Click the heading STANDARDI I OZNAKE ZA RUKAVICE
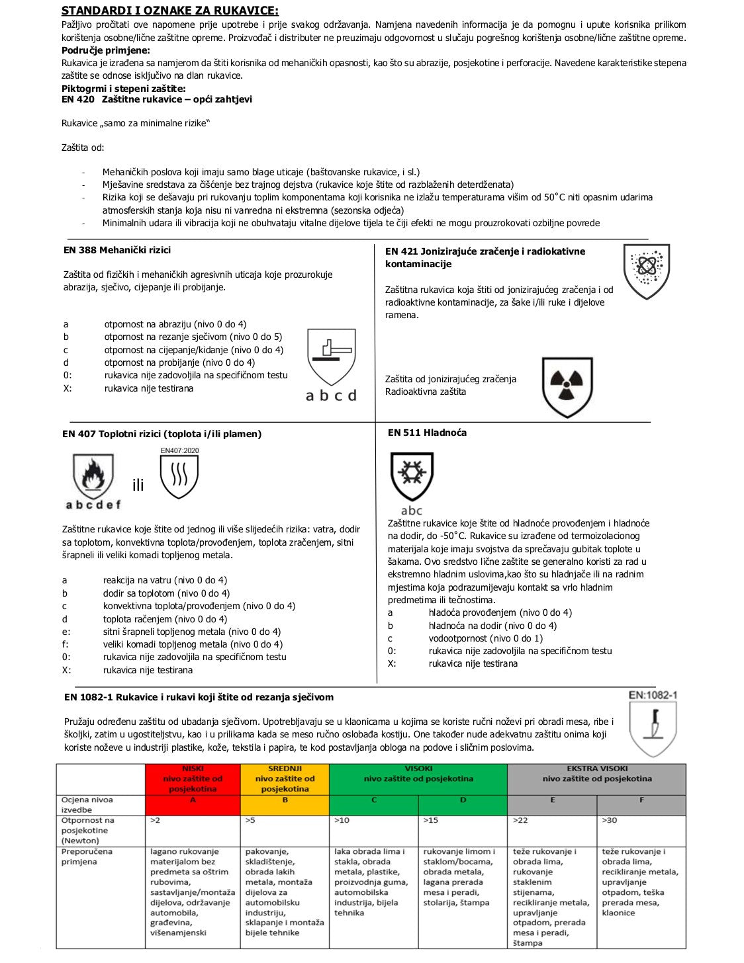170,11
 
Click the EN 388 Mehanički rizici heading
117,250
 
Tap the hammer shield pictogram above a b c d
332,357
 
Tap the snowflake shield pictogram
412,477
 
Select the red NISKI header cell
193,778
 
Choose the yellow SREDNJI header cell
285,778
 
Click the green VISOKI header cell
418,778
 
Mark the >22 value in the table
520,820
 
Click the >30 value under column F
609,820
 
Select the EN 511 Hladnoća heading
427,433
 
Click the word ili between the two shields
138,485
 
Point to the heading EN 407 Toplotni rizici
162,434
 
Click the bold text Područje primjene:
106,50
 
